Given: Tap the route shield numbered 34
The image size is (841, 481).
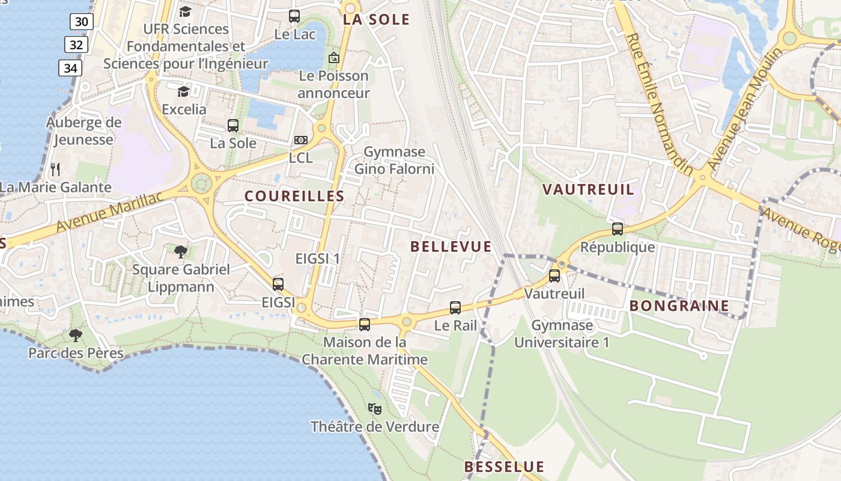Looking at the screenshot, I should click(70, 68).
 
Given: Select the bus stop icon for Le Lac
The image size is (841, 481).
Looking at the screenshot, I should click(294, 16).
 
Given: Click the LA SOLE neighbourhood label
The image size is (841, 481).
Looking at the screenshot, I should click(376, 19).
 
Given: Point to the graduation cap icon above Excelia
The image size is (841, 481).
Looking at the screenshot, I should click(183, 91).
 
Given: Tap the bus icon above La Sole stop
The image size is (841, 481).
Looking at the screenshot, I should click(233, 126).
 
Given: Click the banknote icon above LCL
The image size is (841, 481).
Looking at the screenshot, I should click(301, 140).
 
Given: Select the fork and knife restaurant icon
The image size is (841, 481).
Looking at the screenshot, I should click(55, 169).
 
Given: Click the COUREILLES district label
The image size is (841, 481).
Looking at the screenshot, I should click(294, 196).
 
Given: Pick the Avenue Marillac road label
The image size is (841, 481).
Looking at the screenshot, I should click(109, 212).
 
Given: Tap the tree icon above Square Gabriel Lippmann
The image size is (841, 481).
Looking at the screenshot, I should click(180, 251).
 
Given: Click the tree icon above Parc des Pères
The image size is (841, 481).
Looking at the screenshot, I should click(76, 335).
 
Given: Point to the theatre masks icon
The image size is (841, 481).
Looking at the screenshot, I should click(375, 409).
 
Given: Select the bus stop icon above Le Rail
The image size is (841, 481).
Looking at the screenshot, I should click(455, 308).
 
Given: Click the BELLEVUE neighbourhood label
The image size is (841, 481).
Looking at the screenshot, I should click(451, 247).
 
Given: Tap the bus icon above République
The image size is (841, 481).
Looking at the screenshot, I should click(618, 228).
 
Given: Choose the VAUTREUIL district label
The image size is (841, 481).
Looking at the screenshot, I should click(587, 189).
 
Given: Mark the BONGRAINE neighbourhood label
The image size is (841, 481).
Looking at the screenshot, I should click(679, 305).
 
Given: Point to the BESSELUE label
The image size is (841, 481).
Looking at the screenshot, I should click(504, 467).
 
